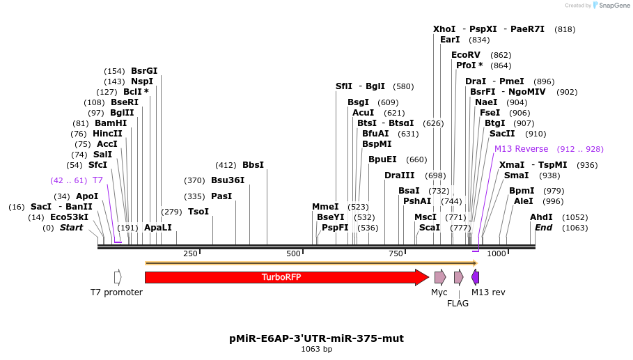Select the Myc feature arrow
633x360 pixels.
439,277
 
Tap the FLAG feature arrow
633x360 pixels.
458,277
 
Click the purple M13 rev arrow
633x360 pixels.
476,277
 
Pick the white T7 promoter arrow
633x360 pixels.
118,277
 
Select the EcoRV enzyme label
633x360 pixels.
466,55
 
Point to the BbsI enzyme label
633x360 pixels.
253,165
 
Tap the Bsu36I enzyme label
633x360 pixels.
228,180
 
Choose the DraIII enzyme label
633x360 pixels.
399,175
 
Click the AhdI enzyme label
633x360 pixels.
541,217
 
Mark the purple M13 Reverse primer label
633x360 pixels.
521,149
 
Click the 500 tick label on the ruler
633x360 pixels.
293,254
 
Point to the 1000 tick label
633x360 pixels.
497,254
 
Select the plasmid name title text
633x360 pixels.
316,339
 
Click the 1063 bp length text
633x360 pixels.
316,350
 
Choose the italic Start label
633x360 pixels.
71,228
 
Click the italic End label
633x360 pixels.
543,228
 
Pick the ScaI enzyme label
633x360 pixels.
429,228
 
